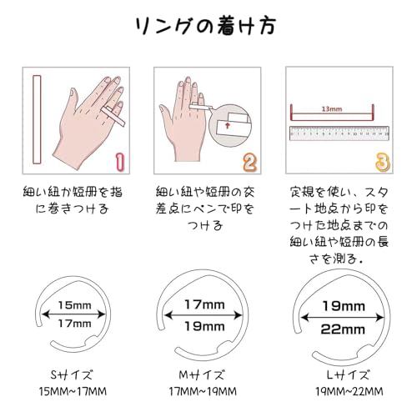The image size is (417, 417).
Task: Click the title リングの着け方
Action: point(206,26)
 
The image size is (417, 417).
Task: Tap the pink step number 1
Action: point(120,162)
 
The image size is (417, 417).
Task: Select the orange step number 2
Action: point(249,163)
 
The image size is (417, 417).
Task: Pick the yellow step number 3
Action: point(383,162)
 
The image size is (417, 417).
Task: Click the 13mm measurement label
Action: point(332,109)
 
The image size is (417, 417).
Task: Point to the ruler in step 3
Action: point(339,133)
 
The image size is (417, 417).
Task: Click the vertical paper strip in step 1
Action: point(37,119)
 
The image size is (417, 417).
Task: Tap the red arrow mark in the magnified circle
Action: point(228,126)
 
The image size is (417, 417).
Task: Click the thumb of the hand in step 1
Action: point(72,98)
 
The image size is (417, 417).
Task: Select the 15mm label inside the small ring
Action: point(74,305)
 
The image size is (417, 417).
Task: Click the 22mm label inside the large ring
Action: point(343,329)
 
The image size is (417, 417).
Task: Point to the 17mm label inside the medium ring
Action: point(204,304)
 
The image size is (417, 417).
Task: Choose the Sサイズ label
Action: point(72,375)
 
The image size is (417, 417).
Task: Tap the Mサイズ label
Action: point(201,375)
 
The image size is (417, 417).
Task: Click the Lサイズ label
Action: point(348,375)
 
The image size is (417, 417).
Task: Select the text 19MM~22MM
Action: point(349,391)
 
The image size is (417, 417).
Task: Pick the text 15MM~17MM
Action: point(73,391)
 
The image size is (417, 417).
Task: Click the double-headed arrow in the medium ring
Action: point(203,315)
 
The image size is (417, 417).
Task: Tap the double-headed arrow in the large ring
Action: point(343,317)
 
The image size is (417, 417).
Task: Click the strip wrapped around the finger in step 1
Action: point(113,116)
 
